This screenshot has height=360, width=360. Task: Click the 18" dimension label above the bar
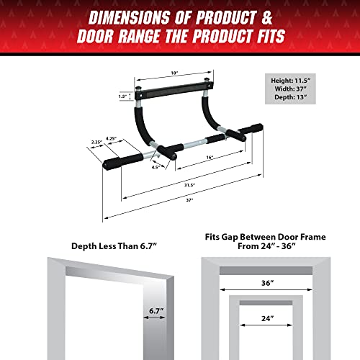coord(174,73)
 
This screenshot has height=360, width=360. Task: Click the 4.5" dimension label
coord(156,166)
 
